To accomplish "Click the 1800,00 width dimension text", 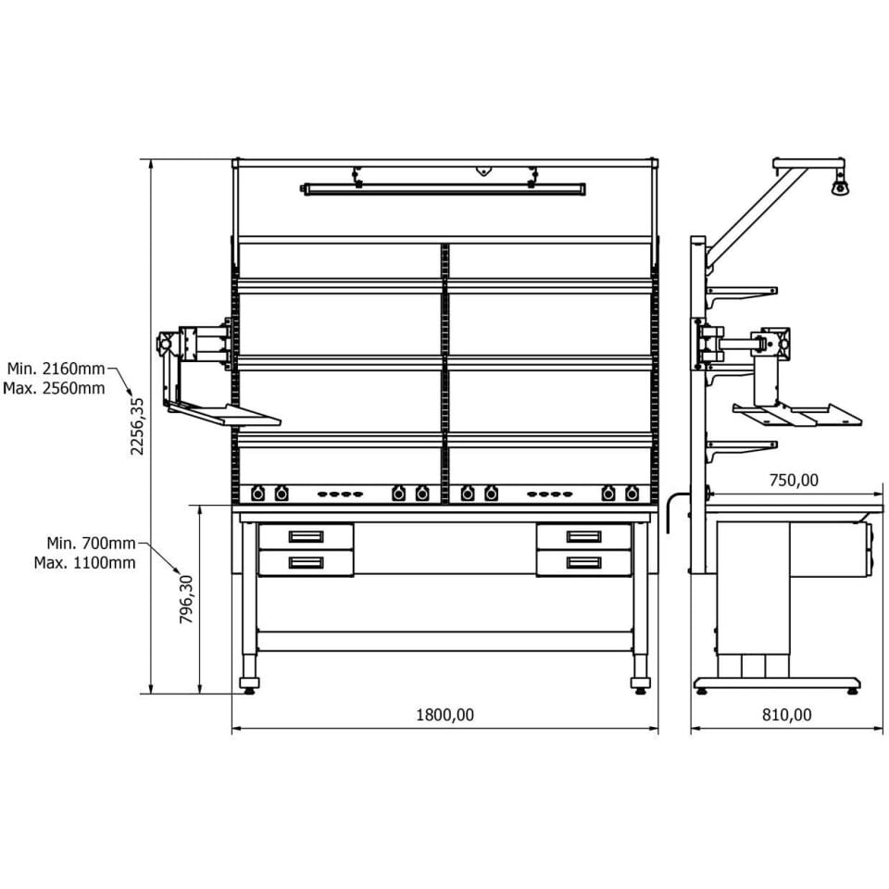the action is point(444,714).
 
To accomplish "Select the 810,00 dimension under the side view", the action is point(786,714).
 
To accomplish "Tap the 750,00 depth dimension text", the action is point(794,481).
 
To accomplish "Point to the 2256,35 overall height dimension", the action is point(137,426).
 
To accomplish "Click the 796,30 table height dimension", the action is point(186,599).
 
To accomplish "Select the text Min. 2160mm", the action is point(56,369).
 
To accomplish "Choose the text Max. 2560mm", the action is point(55,388).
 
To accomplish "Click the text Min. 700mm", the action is point(92,544).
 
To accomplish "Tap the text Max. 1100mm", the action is point(85,563).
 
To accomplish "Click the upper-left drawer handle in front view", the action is point(307,536).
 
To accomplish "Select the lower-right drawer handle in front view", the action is point(584,562).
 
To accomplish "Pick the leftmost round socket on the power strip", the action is point(258,494).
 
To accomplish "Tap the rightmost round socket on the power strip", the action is point(632,494).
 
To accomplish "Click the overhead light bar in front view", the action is point(444,189).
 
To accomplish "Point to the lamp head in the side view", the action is point(841,186).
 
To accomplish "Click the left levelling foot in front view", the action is point(249,684).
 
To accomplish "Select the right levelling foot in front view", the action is point(641,684).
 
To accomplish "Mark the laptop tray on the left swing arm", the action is point(224,413).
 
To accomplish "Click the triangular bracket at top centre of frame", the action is point(483,170).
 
